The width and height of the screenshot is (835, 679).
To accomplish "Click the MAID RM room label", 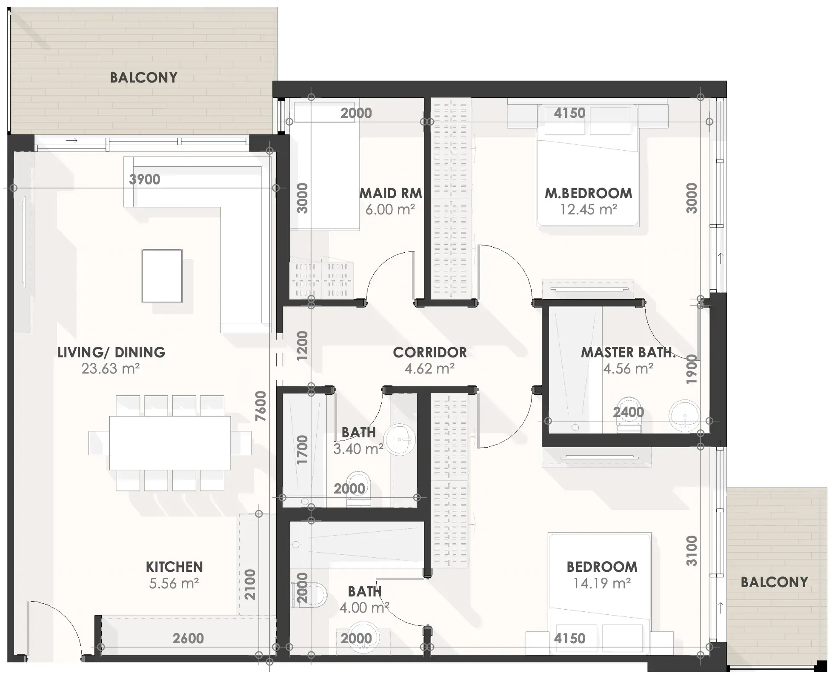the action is pos(391,194).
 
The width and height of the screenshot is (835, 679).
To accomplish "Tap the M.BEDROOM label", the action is pos(589,194).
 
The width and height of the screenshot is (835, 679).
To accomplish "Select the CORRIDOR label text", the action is pos(430,352).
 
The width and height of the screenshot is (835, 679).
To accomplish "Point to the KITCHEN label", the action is pos(174,567).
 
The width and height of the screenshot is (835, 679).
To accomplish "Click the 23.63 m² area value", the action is pos(111,368).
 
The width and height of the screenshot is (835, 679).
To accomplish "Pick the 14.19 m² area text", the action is pos(602,583).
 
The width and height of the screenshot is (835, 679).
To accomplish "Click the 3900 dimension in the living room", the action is pos(145,180).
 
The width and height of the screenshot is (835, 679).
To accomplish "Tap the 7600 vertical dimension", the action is pos(260,406).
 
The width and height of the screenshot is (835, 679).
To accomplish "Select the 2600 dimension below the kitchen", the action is pos(188,638).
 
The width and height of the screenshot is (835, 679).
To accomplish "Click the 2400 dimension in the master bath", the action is pos(629,412).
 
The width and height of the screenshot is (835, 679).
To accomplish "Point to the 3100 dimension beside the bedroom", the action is pos(692,551).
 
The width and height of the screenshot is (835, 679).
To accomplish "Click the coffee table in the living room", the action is pos(162,276).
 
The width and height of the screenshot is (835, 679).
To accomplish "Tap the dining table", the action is pos(170,443).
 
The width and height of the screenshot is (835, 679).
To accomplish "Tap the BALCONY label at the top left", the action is pos(144,77).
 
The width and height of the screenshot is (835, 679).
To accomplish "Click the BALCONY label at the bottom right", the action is pos(775,582).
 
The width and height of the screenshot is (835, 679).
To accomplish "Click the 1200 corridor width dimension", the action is pos(302,346).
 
